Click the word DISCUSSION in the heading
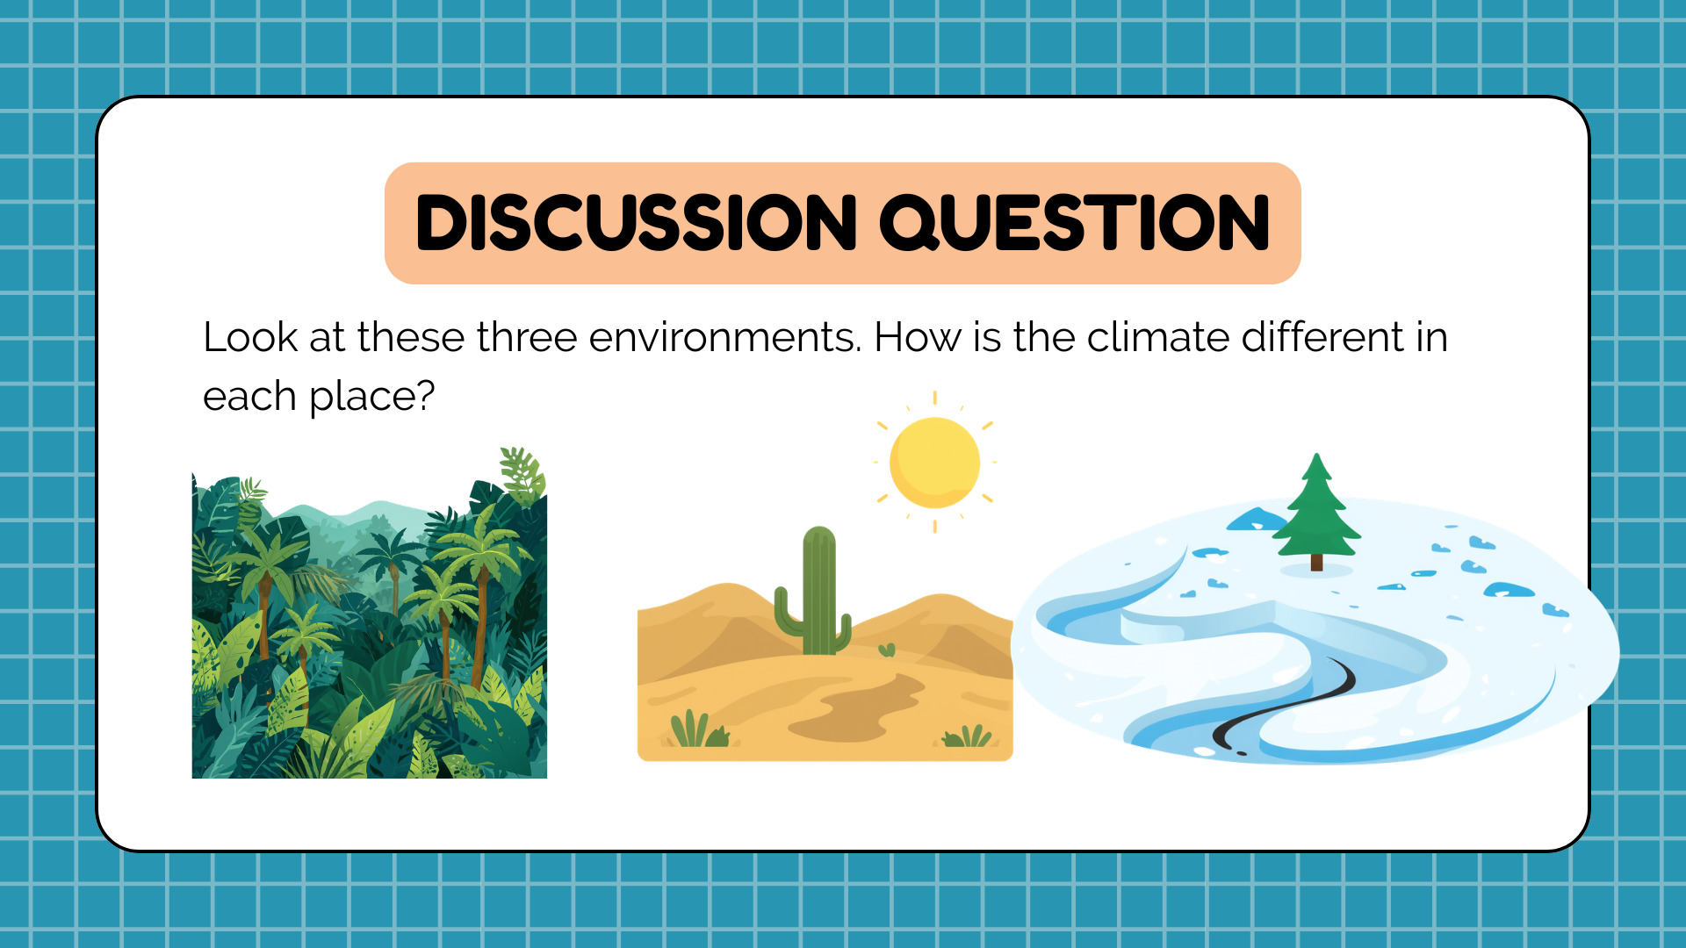click(636, 223)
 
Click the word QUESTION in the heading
click(1075, 223)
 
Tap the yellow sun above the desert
click(934, 462)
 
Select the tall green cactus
click(814, 592)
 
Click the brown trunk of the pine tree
click(1316, 562)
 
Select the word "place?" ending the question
click(371, 397)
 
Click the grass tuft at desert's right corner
click(967, 736)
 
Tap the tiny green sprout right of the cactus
click(887, 650)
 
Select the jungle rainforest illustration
click(370, 613)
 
